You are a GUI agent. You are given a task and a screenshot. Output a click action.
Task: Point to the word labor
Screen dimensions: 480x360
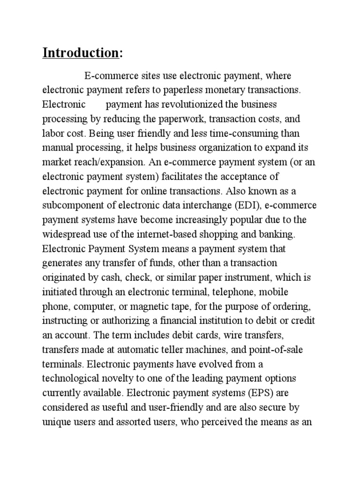(x=52, y=133)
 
